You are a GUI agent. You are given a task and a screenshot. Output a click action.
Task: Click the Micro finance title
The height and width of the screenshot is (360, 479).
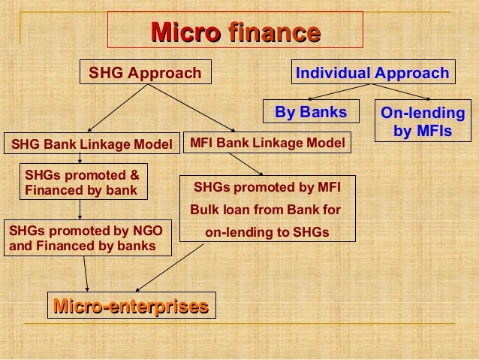(236, 33)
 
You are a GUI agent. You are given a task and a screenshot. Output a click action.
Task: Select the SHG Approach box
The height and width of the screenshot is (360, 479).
(146, 73)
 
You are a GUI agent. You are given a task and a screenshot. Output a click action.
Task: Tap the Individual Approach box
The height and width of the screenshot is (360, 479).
(372, 73)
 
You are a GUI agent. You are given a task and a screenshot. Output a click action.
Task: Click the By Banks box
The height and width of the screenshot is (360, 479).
(312, 113)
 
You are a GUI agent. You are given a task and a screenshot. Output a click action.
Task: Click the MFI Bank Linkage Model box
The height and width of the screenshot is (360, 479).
(267, 142)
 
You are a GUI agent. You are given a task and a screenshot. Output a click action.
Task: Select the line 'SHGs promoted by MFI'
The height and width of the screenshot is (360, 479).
(267, 186)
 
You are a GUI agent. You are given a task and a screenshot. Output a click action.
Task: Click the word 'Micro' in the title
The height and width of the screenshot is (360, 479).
(185, 33)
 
